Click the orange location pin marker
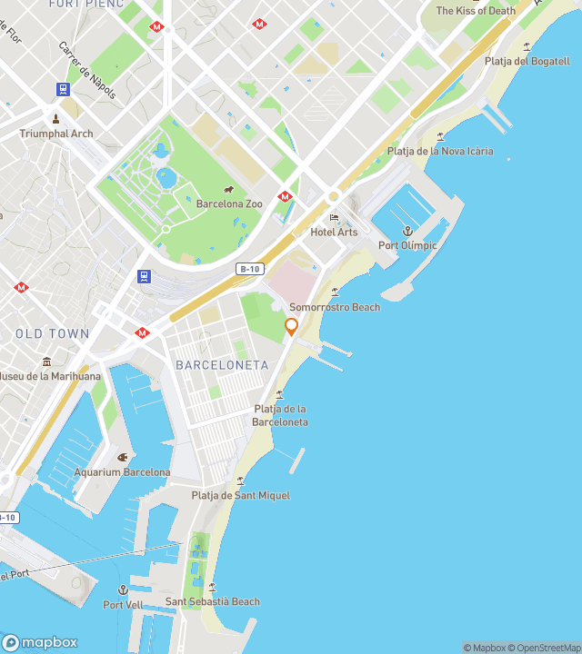click(x=292, y=326)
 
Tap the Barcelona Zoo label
click(x=229, y=203)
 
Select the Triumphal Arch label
click(x=56, y=134)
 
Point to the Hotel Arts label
click(x=334, y=232)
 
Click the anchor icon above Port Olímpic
click(x=407, y=232)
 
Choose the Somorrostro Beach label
click(x=335, y=307)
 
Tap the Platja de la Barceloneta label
click(x=280, y=415)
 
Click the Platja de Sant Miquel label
click(x=240, y=495)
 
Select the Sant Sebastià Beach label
click(x=212, y=601)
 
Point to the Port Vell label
click(x=123, y=604)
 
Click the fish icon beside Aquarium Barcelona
click(x=123, y=457)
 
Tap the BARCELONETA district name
click(x=222, y=365)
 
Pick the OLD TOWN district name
click(x=53, y=333)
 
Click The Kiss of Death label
click(x=476, y=11)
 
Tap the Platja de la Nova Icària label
click(x=440, y=151)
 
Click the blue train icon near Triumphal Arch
click(x=63, y=89)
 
